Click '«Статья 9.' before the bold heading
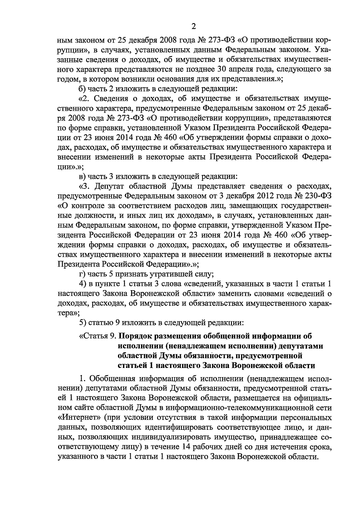(97, 336)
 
